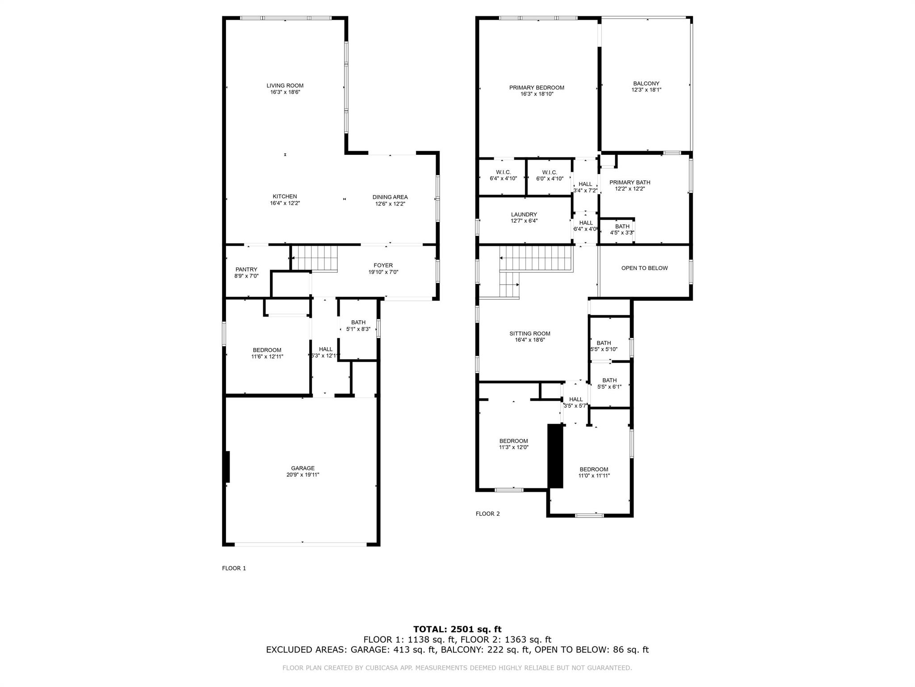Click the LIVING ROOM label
pyautogui.click(x=285, y=85)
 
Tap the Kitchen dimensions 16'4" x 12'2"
pyautogui.click(x=285, y=203)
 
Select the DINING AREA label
pyautogui.click(x=390, y=197)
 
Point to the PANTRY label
pyautogui.click(x=246, y=269)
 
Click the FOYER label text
pyautogui.click(x=383, y=265)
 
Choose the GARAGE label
pyautogui.click(x=303, y=468)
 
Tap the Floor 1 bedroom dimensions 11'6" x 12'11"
pyautogui.click(x=267, y=356)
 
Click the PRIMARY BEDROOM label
pyautogui.click(x=537, y=88)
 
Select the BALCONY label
pyautogui.click(x=646, y=83)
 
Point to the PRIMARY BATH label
pyautogui.click(x=630, y=182)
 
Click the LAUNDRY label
pyautogui.click(x=524, y=214)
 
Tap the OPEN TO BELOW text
pyautogui.click(x=644, y=268)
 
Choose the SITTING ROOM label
pyautogui.click(x=530, y=333)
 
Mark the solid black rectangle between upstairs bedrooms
pyautogui.click(x=555, y=456)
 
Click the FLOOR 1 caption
pyautogui.click(x=234, y=568)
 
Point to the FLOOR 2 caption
pyautogui.click(x=488, y=513)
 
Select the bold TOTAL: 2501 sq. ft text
pyautogui.click(x=457, y=629)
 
